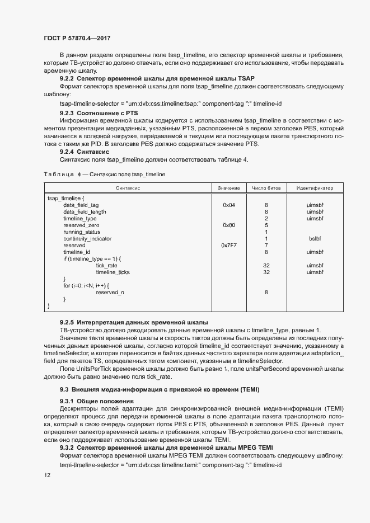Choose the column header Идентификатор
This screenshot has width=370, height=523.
point(315,188)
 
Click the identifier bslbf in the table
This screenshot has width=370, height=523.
point(315,239)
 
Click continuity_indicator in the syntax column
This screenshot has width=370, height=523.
point(87,239)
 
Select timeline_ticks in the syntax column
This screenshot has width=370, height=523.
point(113,272)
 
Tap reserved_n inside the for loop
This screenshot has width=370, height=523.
point(110,293)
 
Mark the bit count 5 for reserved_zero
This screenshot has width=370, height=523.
point(266,225)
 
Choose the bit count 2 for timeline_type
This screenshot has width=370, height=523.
point(266,219)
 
